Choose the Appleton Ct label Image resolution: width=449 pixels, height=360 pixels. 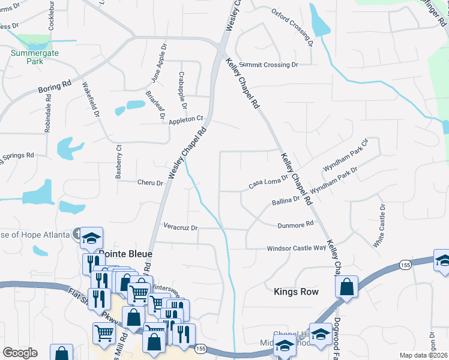pos(187,119)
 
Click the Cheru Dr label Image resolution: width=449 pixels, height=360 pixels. pos(150,182)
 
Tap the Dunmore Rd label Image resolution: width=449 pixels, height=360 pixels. pos(296,224)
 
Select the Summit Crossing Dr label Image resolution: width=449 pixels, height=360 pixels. pos(268,64)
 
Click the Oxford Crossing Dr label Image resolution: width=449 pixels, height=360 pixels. pos(292,27)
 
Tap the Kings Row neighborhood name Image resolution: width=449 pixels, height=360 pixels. pos(295,292)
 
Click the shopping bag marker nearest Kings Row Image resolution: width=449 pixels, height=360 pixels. pos(347,286)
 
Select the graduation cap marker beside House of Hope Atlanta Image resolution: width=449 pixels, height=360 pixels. pos(92,238)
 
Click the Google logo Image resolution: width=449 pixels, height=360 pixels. pos(20,353)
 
